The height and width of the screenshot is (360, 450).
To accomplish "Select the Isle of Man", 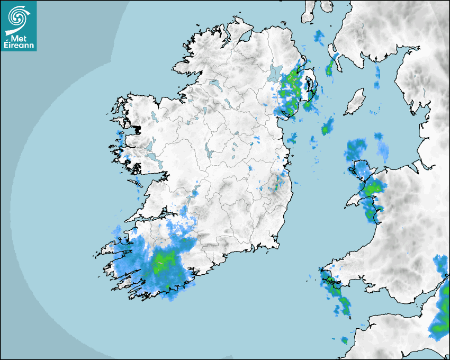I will pos(355,102).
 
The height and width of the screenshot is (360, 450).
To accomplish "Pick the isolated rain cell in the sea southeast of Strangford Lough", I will pos(327,127).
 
